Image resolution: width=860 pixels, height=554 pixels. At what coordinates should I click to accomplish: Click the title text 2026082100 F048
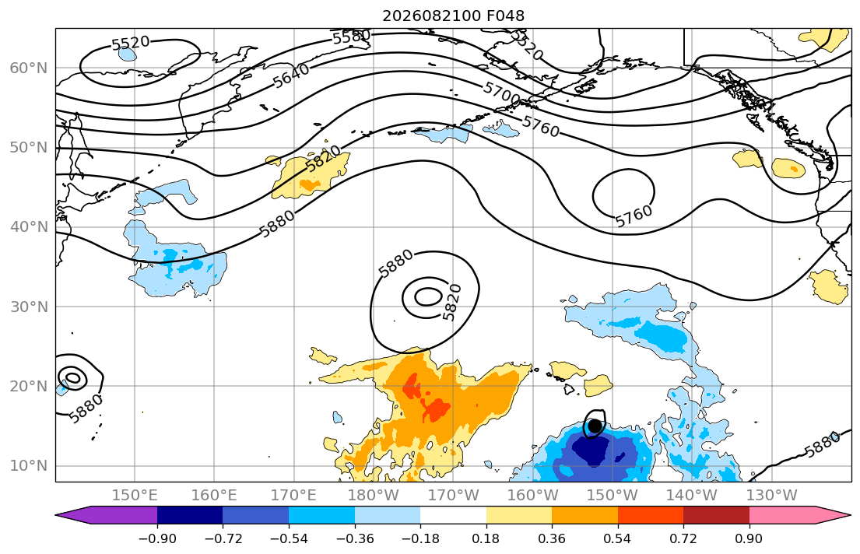pos(453,16)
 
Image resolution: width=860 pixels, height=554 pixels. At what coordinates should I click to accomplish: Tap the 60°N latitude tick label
pos(29,68)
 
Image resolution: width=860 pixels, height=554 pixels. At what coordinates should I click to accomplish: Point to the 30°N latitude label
pos(29,307)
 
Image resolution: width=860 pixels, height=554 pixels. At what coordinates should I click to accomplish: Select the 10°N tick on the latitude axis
pos(29,466)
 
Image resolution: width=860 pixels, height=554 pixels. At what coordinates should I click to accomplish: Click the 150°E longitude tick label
pos(135,496)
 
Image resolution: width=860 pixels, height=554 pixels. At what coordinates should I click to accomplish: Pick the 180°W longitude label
pos(374,496)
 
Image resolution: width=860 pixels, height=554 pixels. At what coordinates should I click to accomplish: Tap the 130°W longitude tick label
pos(771,496)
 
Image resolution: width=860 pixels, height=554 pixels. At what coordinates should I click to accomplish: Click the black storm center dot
pos(595,426)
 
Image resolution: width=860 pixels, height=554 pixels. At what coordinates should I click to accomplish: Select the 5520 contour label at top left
pos(131,43)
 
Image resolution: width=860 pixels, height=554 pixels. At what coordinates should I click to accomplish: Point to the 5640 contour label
pos(291,76)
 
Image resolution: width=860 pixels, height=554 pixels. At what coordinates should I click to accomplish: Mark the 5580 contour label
pos(352,37)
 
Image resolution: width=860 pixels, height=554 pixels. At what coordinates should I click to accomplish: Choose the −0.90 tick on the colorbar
pos(157,538)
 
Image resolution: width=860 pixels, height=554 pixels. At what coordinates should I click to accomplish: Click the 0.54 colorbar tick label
pos(618,538)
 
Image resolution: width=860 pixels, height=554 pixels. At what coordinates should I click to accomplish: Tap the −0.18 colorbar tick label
pos(420,538)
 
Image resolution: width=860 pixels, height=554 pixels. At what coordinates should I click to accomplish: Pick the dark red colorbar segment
pos(716,515)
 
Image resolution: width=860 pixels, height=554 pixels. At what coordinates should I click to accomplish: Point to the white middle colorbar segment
pos(453,515)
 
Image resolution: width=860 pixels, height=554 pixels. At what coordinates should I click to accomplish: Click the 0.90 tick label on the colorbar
pos(749,538)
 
